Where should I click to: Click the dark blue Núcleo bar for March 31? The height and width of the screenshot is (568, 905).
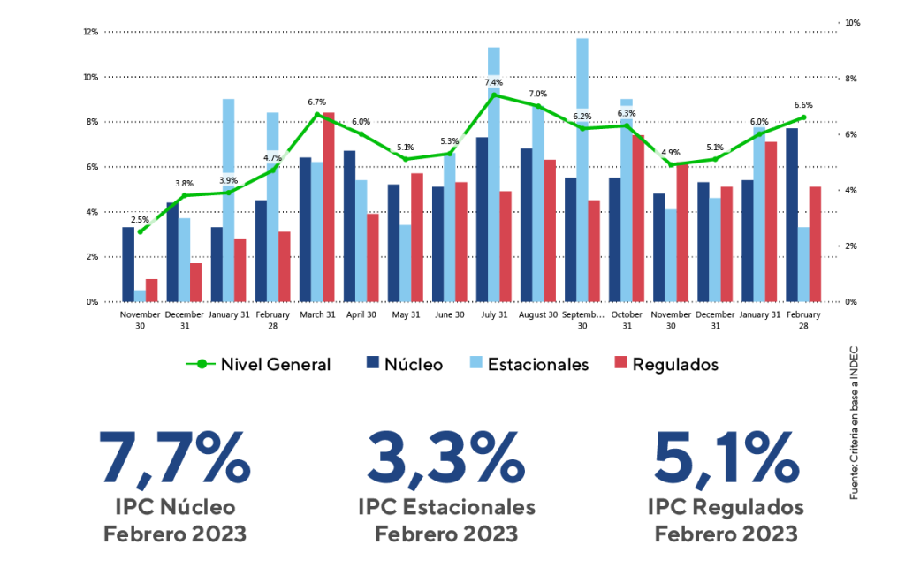(305, 230)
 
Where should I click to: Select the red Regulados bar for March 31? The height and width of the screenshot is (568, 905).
(328, 208)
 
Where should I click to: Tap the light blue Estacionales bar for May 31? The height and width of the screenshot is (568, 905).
(405, 263)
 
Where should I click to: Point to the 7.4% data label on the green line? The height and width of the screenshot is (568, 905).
(493, 82)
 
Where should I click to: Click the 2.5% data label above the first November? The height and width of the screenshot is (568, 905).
(140, 219)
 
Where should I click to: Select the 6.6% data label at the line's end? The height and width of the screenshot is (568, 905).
(803, 104)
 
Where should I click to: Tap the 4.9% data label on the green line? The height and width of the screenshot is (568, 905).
(670, 153)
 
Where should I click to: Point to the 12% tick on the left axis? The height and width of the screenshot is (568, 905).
(90, 32)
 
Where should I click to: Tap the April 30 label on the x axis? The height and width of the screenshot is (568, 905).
(361, 314)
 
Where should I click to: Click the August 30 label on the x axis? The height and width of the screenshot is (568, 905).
(537, 314)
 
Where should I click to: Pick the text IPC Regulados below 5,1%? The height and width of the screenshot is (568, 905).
(725, 507)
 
